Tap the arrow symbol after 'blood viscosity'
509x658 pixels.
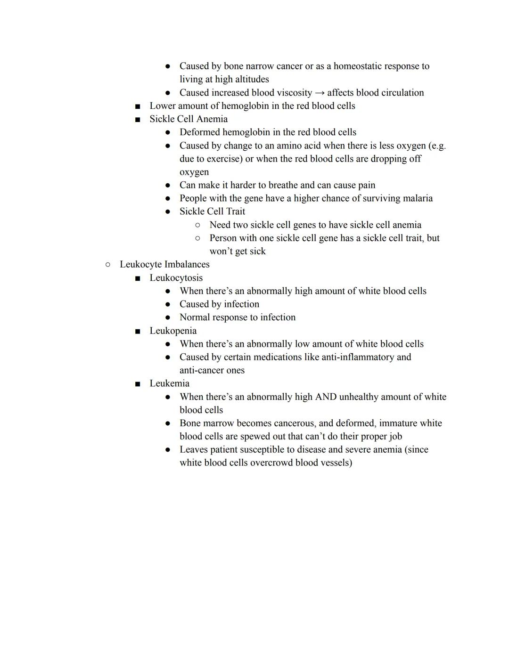(320, 93)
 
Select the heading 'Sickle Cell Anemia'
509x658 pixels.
(189, 119)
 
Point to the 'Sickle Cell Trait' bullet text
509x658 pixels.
(212, 211)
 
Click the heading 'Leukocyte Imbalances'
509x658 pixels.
(164, 264)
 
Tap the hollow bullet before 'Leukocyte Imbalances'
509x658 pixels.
(108, 265)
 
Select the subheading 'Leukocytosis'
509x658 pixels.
(176, 278)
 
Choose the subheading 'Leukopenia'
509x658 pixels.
(173, 331)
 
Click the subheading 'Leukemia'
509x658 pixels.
(169, 383)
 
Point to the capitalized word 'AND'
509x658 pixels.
(326, 397)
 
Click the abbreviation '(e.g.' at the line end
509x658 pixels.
(437, 146)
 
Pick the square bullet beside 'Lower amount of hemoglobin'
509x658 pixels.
(138, 106)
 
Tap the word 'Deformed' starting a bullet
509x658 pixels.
(199, 132)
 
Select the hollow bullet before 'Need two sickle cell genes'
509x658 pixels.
(197, 225)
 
